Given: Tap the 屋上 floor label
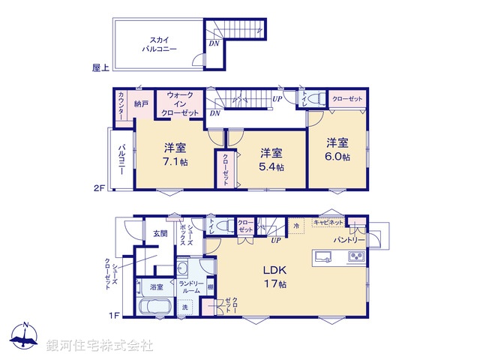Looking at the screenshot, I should (100, 67).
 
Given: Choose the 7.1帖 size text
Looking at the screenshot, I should (176, 161).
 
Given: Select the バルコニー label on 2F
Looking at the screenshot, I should (120, 159).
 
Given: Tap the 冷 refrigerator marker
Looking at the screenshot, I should (296, 225).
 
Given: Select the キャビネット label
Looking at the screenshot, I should (328, 223).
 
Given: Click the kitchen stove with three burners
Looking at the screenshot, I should (354, 256).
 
